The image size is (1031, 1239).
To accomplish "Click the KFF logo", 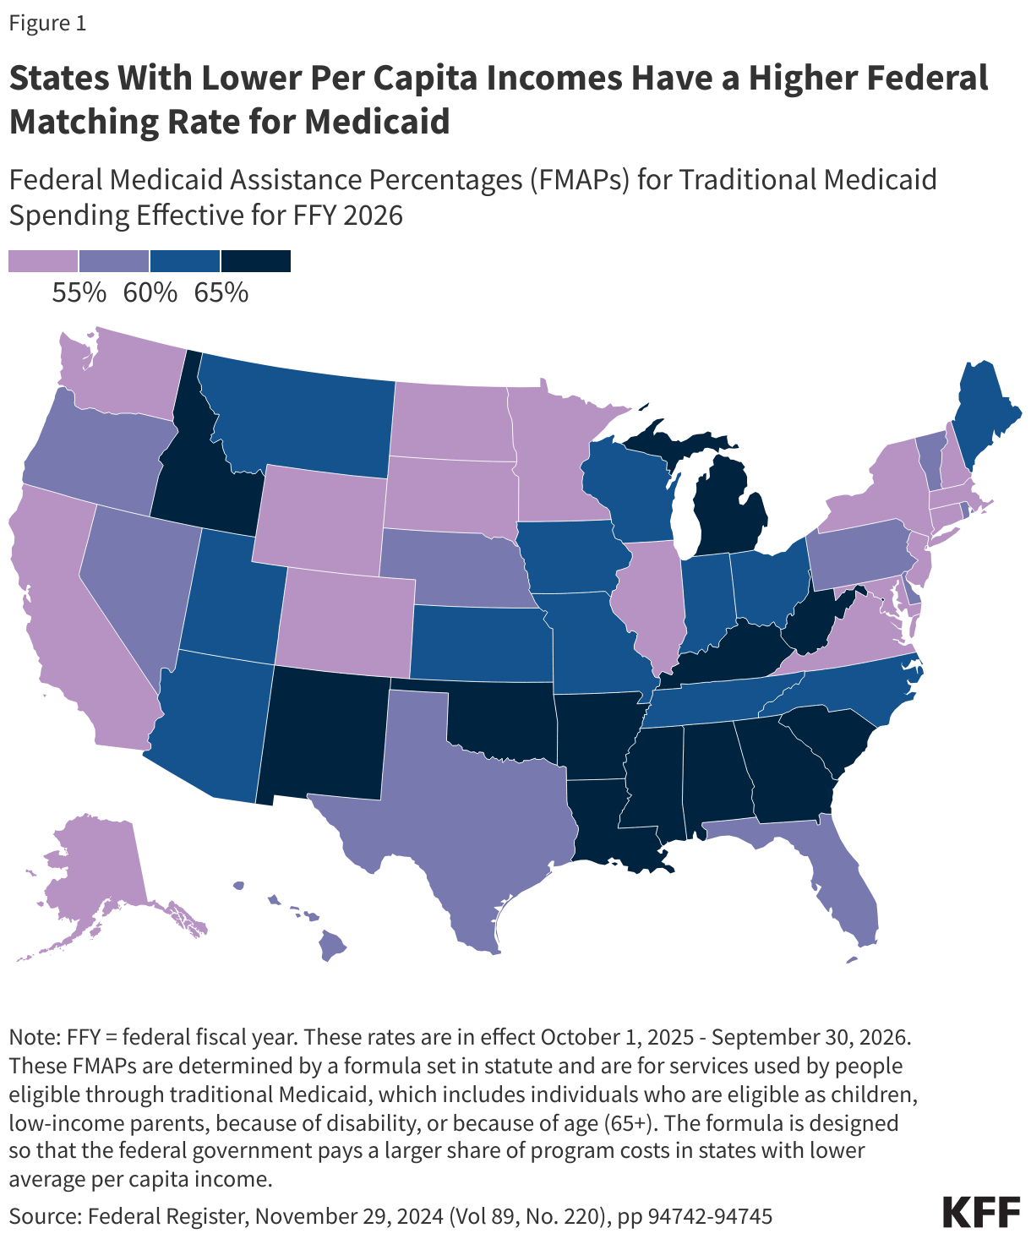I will pos(981,1212).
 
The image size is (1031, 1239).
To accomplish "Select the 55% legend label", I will pos(79,292).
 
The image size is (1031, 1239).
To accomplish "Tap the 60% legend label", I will pos(150,292).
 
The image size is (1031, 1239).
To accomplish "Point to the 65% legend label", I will pos(221,292).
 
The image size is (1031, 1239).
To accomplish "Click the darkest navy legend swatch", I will pos(256,261).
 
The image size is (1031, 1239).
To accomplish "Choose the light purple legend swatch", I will pos(43,261).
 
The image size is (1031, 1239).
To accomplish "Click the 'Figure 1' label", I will pos(47,23).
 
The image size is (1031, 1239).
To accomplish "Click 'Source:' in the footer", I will pos(45,1216).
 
